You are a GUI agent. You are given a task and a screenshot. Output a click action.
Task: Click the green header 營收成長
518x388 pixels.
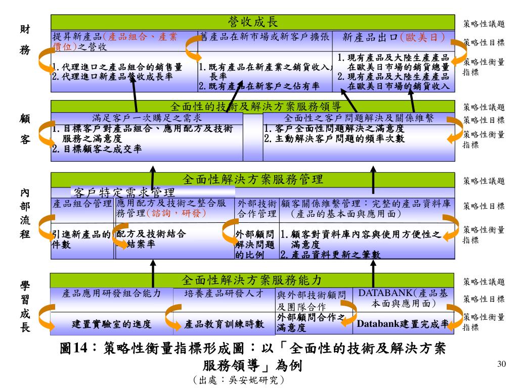(x=253, y=22)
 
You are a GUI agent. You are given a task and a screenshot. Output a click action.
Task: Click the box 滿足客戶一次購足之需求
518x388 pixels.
(x=147, y=118)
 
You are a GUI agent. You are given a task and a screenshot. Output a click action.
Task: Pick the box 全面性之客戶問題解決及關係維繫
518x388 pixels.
(x=359, y=118)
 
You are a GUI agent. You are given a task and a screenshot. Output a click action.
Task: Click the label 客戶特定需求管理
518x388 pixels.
(x=124, y=192)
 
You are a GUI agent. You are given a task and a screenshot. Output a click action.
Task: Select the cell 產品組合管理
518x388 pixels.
(x=82, y=204)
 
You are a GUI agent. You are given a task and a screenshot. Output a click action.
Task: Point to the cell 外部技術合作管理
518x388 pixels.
(x=257, y=209)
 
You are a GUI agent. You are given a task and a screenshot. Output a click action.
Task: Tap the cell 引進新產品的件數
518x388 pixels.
(x=81, y=239)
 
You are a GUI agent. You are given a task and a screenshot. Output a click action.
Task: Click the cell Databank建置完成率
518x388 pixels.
(x=403, y=324)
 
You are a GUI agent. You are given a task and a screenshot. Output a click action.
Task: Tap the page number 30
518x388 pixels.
(x=502, y=365)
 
